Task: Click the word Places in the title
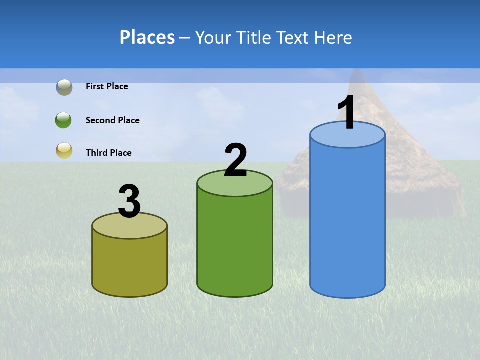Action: pos(147,37)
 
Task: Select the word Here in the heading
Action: pos(333,37)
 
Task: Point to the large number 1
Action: pos(347,113)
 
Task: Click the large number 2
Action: pos(235,160)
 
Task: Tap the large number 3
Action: pos(129,201)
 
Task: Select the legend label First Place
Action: pos(107,86)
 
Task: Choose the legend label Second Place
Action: pos(112,120)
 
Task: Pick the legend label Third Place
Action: pos(108,153)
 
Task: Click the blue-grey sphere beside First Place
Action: pos(64,87)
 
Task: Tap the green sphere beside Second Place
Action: pos(64,120)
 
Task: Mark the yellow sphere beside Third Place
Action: pos(64,151)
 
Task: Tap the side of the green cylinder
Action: pos(235,245)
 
